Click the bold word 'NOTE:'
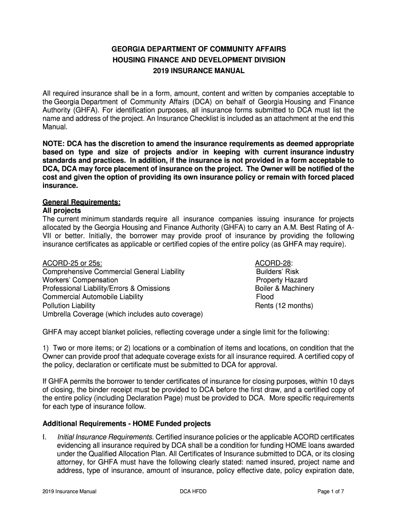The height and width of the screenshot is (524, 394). click(53, 144)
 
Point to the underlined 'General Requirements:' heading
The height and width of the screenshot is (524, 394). click(81, 202)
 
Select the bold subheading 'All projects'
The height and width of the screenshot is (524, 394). click(61, 210)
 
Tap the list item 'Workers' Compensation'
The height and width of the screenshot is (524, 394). click(80, 280)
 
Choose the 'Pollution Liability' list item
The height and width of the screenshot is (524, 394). click(69, 305)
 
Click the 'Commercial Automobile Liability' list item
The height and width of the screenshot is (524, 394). click(93, 297)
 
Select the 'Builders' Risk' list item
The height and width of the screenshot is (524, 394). click(277, 272)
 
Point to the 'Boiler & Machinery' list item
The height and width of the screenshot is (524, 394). click(284, 289)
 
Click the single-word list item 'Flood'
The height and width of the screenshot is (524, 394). click(265, 297)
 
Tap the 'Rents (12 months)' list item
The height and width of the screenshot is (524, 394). click(284, 305)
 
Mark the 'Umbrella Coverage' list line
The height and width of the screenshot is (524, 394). click(122, 314)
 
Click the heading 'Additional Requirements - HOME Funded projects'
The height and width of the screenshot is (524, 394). click(126, 424)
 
